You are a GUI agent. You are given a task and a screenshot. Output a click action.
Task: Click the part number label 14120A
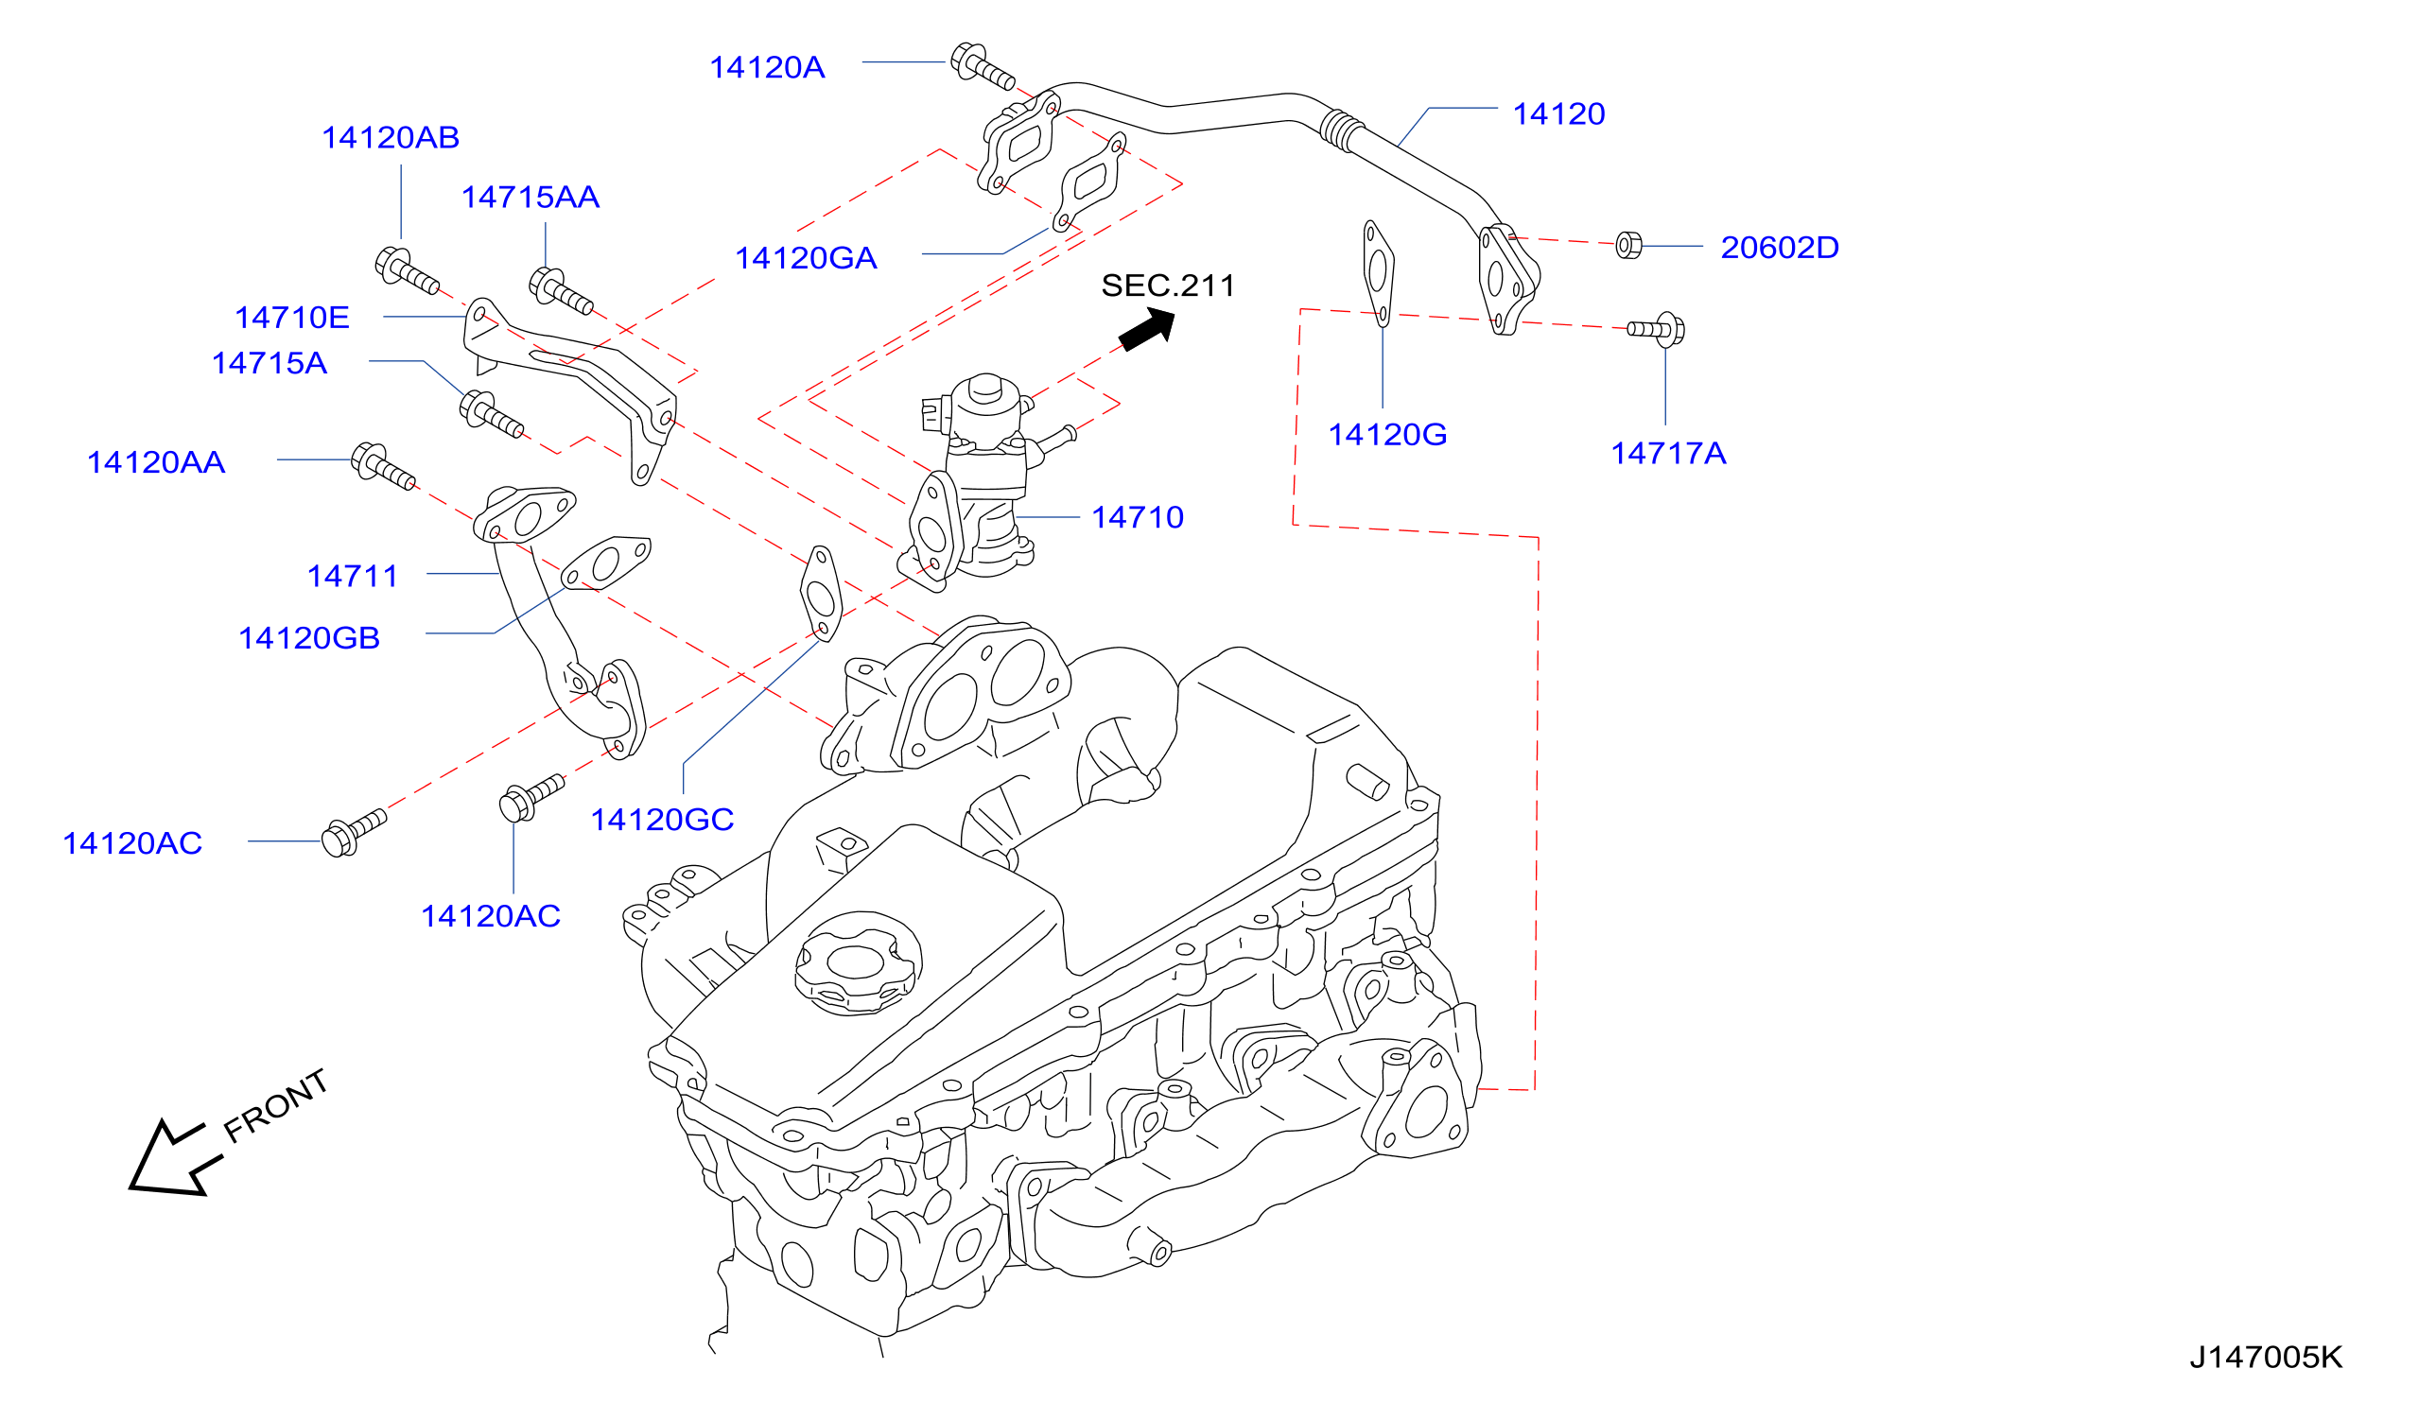767,67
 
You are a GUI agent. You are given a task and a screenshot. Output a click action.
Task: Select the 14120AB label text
391,138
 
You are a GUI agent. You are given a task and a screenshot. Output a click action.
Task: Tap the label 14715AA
530,198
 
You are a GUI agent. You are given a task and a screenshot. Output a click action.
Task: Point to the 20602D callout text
1779,248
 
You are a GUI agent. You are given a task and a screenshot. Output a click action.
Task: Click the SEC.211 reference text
1167,286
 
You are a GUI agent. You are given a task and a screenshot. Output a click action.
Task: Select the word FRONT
275,1106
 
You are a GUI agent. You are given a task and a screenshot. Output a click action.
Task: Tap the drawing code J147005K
2266,1358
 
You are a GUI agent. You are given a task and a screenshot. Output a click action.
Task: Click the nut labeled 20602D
1627,245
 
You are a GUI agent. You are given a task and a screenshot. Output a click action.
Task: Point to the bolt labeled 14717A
1658,329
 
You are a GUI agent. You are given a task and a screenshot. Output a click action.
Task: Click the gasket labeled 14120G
1378,273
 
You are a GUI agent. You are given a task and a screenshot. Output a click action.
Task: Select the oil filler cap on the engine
857,962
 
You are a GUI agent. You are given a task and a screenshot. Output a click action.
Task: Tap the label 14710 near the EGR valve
1137,517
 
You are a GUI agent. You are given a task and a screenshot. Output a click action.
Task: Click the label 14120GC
662,820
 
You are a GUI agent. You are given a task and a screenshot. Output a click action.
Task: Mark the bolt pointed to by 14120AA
383,466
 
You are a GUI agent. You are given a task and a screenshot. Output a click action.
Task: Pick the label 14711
352,577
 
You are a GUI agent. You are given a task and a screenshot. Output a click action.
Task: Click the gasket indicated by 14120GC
821,594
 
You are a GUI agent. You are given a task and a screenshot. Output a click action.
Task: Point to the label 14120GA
806,258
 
